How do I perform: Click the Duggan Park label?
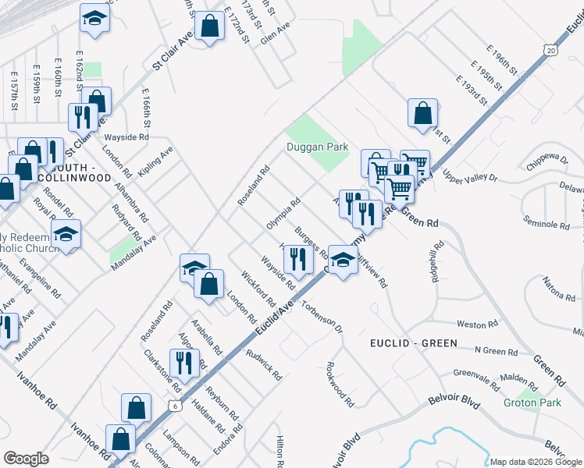click(x=316, y=147)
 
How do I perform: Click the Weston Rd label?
click(x=477, y=324)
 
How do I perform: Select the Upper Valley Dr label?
click(x=470, y=175)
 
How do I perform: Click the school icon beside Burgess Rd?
click(x=343, y=260)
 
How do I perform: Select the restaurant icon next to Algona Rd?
click(x=184, y=362)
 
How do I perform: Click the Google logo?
click(x=27, y=459)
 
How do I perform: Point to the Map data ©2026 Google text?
click(x=535, y=462)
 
